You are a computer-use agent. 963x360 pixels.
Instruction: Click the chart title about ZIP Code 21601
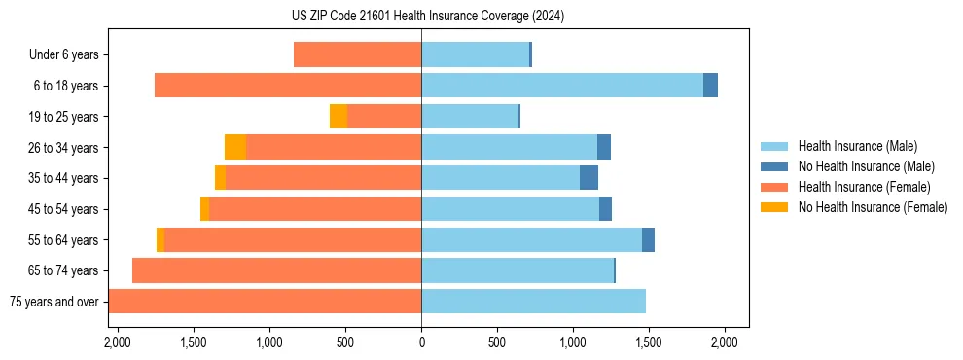click(427, 17)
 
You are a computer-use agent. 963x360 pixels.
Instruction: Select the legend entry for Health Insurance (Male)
click(857, 146)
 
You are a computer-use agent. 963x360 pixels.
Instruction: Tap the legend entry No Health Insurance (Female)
click(873, 207)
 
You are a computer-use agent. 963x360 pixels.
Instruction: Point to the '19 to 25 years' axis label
click(64, 117)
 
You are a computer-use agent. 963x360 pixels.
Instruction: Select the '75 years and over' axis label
click(54, 302)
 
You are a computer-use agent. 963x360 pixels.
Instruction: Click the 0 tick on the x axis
click(421, 342)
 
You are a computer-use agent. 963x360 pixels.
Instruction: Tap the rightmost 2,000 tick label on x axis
click(725, 342)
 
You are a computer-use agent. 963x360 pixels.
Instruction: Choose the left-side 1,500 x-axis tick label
click(193, 342)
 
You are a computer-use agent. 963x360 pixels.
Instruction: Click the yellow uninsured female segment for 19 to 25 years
click(339, 117)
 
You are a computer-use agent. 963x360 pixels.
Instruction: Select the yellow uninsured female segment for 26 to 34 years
click(235, 147)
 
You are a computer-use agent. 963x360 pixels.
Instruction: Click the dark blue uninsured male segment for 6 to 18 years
click(710, 86)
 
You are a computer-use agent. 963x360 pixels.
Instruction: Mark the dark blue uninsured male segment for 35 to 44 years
click(588, 178)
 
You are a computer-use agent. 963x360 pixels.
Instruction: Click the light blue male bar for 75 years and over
click(533, 302)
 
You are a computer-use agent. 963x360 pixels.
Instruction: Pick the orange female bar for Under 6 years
click(357, 55)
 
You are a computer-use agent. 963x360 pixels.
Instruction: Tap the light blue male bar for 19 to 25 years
click(470, 117)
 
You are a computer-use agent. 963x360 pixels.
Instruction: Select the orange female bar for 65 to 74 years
click(276, 270)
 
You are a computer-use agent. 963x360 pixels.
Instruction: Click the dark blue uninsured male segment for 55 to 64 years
click(648, 239)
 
